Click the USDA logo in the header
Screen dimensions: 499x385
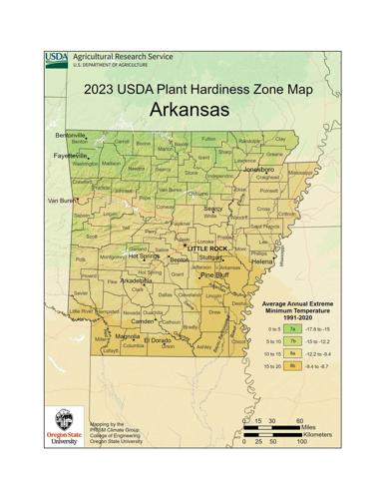pyautogui.click(x=57, y=60)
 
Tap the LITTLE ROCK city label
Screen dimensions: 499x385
pyautogui.click(x=209, y=247)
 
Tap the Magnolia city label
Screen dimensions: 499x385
pyautogui.click(x=127, y=337)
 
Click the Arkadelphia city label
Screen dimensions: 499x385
pyautogui.click(x=137, y=281)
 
